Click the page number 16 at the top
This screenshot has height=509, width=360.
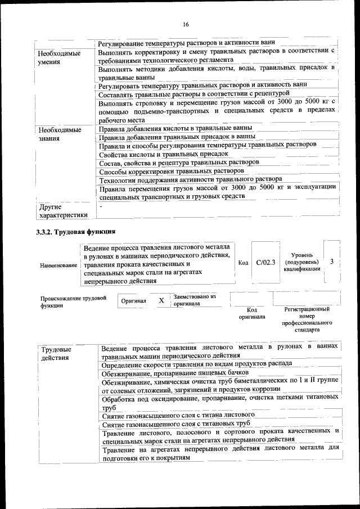186,24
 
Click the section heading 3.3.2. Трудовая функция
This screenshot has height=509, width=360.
76,232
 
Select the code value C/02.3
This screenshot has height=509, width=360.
265,263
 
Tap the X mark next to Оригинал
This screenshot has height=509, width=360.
161,301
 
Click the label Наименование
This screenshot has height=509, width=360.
58,264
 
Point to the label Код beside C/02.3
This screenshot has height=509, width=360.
243,263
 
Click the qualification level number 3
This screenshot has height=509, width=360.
332,262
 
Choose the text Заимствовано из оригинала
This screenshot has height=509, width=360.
195,300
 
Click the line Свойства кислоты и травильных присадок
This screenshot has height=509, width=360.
163,154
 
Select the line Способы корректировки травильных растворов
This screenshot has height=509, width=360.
171,171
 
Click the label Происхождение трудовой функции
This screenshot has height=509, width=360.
73,302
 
